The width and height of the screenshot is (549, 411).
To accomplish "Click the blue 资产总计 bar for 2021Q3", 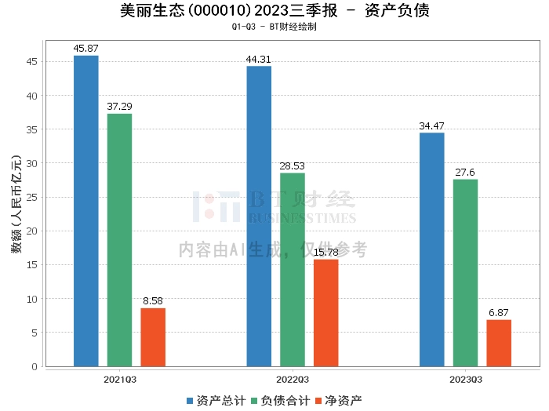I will tap(85, 211).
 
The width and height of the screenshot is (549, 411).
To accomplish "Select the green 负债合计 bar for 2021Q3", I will tap(119, 240).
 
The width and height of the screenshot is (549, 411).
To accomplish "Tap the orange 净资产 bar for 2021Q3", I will tap(153, 337).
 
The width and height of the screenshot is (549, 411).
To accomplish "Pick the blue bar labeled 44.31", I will tap(259, 216).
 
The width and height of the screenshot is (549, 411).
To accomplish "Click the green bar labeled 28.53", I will tap(293, 270).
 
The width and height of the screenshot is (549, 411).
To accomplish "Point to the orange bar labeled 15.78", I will tap(326, 313).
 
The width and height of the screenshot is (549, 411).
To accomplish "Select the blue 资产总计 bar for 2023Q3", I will tap(431, 249).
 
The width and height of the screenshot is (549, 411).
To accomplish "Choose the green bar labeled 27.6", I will tap(465, 273).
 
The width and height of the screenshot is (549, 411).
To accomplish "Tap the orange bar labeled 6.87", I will tap(499, 343).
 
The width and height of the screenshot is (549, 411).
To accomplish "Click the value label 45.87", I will tap(85, 49).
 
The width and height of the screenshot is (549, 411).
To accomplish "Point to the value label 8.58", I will tap(153, 301).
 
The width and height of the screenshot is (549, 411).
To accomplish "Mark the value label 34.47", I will tap(431, 126).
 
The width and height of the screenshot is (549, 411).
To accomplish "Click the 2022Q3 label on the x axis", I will tap(293, 380).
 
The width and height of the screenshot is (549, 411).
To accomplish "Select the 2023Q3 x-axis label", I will tap(465, 380).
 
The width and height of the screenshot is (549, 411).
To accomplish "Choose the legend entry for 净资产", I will tap(338, 401).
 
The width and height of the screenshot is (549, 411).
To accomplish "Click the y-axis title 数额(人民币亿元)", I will tap(16, 208).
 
